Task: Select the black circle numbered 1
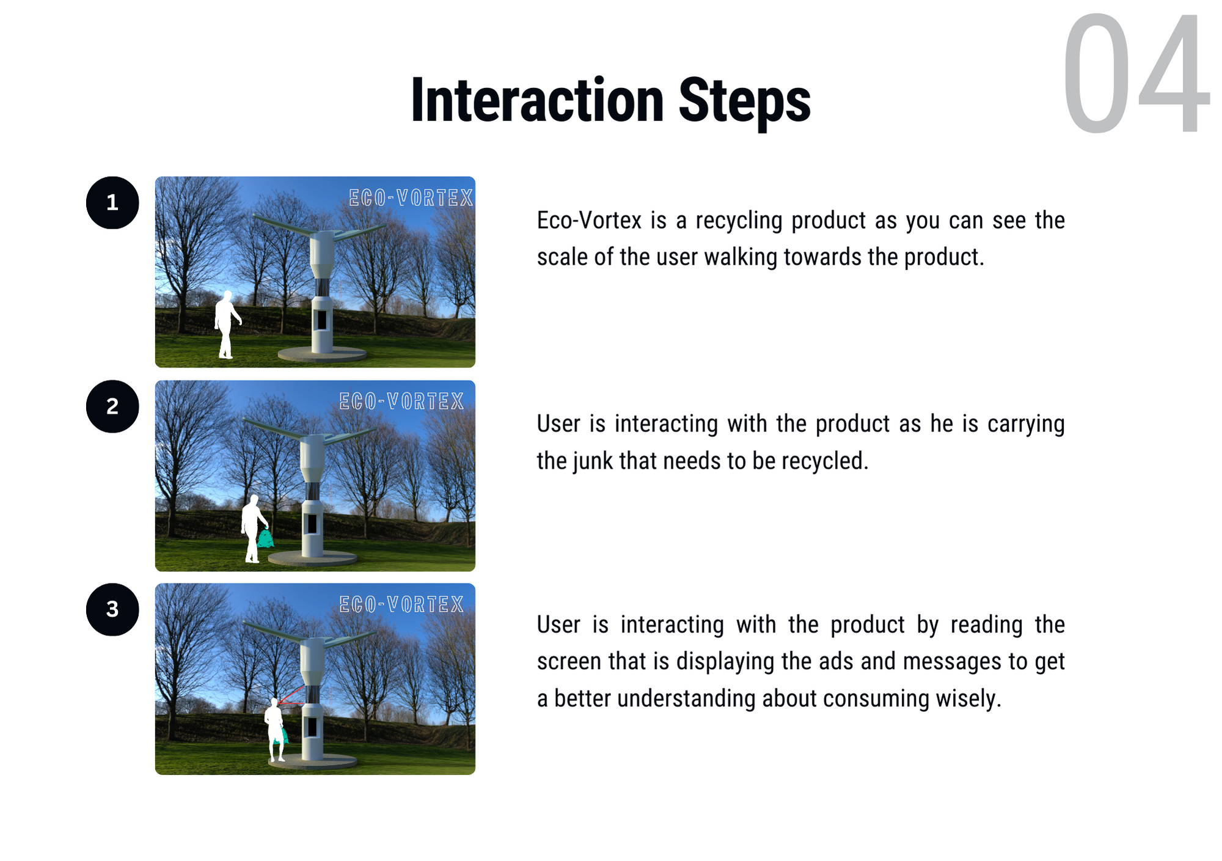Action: pyautogui.click(x=112, y=203)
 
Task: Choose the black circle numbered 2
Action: pyautogui.click(x=112, y=406)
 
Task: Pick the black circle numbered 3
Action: pyautogui.click(x=112, y=610)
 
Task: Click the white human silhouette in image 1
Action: pyautogui.click(x=227, y=324)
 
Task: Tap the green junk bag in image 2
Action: pyautogui.click(x=265, y=539)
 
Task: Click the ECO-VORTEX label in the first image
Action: pyautogui.click(x=411, y=198)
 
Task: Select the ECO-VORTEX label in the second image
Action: pyautogui.click(x=401, y=401)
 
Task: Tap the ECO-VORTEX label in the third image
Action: pyautogui.click(x=401, y=604)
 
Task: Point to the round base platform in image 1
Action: pyautogui.click(x=322, y=354)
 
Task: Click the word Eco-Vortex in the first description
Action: pyautogui.click(x=589, y=221)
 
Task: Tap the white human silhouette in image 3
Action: pyautogui.click(x=276, y=730)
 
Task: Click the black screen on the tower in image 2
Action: pyautogui.click(x=312, y=524)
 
